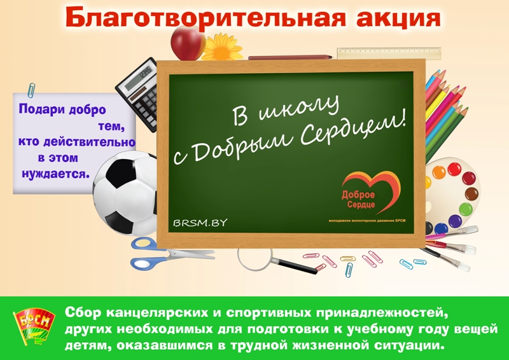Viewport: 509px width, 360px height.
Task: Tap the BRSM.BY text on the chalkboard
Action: point(199,223)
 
